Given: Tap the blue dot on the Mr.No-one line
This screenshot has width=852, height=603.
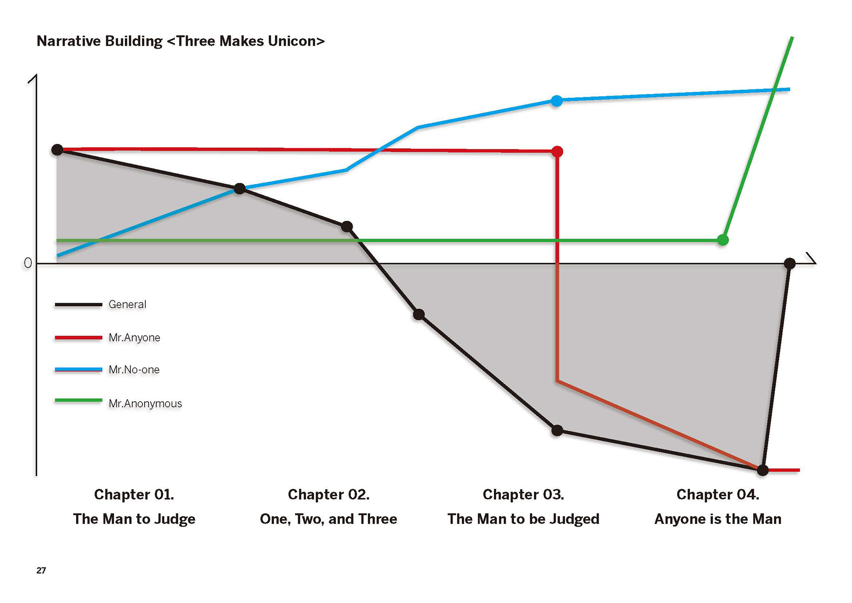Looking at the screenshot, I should pos(556,101).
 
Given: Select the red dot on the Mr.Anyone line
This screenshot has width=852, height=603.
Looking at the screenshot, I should pos(557,152).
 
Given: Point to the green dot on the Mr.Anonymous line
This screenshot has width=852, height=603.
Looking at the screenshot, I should pos(723,240).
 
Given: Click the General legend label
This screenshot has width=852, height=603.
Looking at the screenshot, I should pos(127,305).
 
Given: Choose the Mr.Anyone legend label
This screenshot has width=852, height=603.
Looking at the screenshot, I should pos(134,337).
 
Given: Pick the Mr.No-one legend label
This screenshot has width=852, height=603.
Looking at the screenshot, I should pos(134,370).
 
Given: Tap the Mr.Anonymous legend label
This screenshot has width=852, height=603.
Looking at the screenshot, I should pos(145,404).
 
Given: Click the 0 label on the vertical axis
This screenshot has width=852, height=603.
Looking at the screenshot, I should pos(28,263).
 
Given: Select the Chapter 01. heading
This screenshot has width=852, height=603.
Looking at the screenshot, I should pos(134,494).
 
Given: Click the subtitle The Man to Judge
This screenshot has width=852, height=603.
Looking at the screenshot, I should pos(134,519).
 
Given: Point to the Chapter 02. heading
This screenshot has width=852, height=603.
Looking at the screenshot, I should pos(328,494).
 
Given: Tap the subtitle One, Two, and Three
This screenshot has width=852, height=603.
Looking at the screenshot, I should pos(328,519).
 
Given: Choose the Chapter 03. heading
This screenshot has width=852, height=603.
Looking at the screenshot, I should pos(523,494).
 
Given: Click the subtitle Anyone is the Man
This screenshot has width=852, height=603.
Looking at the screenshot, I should pos(718,519).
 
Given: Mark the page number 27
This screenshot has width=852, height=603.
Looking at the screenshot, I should pos(41,571).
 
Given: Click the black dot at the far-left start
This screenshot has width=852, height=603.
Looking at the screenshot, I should pos(57,150).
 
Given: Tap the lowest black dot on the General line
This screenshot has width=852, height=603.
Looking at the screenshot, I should pos(762,470).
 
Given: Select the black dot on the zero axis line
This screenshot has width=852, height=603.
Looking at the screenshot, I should pos(789,263).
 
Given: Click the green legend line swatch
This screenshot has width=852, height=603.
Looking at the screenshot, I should pos(79,401).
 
